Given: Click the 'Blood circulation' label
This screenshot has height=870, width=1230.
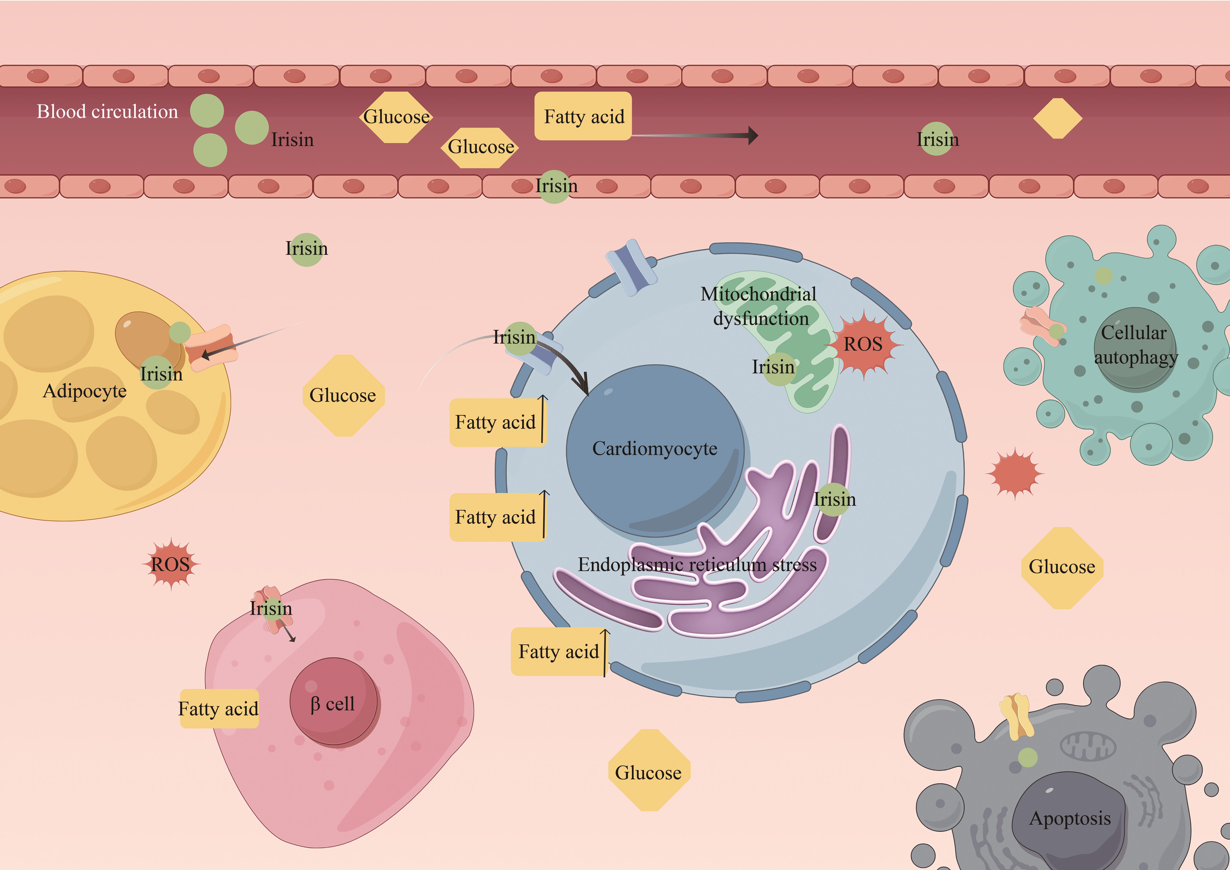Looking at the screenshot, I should coord(107,111).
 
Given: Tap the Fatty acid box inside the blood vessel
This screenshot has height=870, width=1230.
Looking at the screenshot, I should coord(583,116).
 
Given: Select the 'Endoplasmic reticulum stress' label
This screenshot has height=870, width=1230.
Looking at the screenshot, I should coord(697,565).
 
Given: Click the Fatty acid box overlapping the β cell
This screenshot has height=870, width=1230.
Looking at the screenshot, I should coord(219,709).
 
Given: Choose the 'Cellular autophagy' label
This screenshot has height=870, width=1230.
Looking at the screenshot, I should coord(1135,345).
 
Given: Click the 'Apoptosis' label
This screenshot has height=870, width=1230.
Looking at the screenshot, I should coord(1070,818).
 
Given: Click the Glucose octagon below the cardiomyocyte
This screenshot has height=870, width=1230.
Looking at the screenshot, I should coord(649,772).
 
